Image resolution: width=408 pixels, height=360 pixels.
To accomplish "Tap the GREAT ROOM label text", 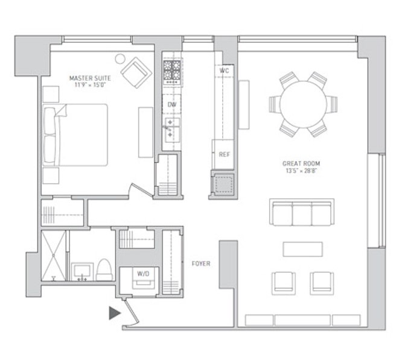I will click(301, 163).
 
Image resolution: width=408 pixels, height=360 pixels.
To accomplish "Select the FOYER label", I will click(201, 264).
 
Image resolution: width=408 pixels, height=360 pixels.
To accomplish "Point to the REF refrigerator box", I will click(223, 154).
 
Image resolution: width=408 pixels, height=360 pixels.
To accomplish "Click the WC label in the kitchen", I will click(225, 71).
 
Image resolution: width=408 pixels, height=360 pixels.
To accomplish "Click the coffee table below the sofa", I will click(302, 248).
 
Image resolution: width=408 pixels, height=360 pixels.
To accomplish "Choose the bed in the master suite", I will click(75, 134).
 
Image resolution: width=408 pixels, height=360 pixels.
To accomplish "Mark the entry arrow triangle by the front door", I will click(114, 313).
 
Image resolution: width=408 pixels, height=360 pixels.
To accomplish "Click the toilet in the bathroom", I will click(104, 269).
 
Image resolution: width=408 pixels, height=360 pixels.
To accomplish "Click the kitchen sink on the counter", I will click(171, 128).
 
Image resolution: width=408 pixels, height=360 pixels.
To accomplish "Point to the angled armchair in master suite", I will click(136, 72).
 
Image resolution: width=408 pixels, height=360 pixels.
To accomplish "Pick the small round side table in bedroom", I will click(120, 59).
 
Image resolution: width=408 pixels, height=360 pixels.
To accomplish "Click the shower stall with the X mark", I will click(53, 255).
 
